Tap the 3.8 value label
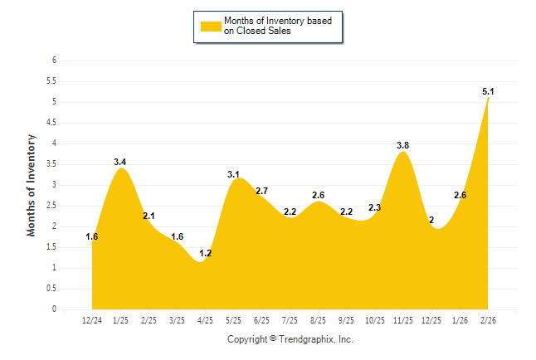click(403, 146)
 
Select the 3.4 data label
click(120, 163)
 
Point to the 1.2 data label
click(206, 253)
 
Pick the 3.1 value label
click(234, 174)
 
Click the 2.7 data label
click(262, 192)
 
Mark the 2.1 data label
click(149, 216)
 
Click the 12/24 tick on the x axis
click(92, 319)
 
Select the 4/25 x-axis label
click(206, 319)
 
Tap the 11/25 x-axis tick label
click(403, 319)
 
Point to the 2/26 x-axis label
click(488, 319)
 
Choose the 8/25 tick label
click(319, 319)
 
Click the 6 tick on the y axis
click(54, 61)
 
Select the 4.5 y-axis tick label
click(51, 123)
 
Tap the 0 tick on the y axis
click(54, 309)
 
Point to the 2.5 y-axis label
click(51, 206)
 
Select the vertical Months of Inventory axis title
click(32, 185)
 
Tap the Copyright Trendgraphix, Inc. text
click(290, 339)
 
